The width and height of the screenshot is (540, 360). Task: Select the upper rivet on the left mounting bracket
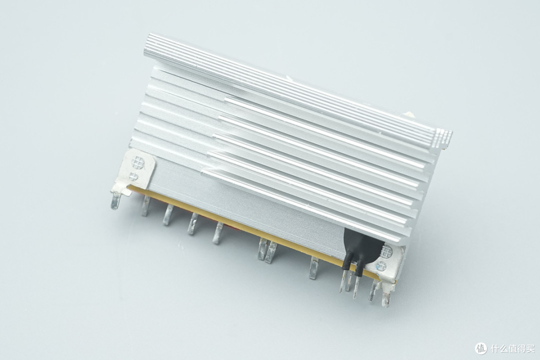point(138,162)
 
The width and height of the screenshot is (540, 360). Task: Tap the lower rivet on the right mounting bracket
point(381,266)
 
